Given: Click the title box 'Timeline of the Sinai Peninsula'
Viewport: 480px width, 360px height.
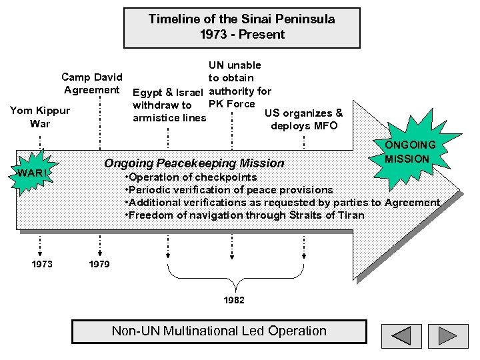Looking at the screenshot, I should click(241, 27).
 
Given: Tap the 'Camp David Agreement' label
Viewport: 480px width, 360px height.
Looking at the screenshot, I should click(92, 83).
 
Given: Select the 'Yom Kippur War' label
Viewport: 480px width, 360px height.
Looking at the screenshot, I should click(40, 117).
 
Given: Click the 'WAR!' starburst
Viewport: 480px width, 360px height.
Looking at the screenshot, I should click(31, 174).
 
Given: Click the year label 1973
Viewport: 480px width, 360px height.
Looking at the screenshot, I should click(41, 265).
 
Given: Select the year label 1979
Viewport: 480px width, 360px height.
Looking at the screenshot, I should click(100, 265).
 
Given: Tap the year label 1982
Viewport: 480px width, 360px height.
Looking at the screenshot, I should click(234, 301).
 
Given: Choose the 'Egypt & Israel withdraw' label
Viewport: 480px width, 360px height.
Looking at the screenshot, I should click(170, 105).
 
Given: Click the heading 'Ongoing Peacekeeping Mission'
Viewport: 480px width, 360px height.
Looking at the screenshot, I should click(193, 163).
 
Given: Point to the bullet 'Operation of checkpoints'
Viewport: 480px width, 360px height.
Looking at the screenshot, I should click(191, 177).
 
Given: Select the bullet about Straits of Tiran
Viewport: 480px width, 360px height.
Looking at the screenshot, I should click(245, 215).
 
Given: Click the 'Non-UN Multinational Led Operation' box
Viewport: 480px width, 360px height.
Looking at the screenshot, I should click(219, 331).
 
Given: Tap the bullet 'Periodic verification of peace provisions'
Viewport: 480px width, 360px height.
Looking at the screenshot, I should click(229, 190).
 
